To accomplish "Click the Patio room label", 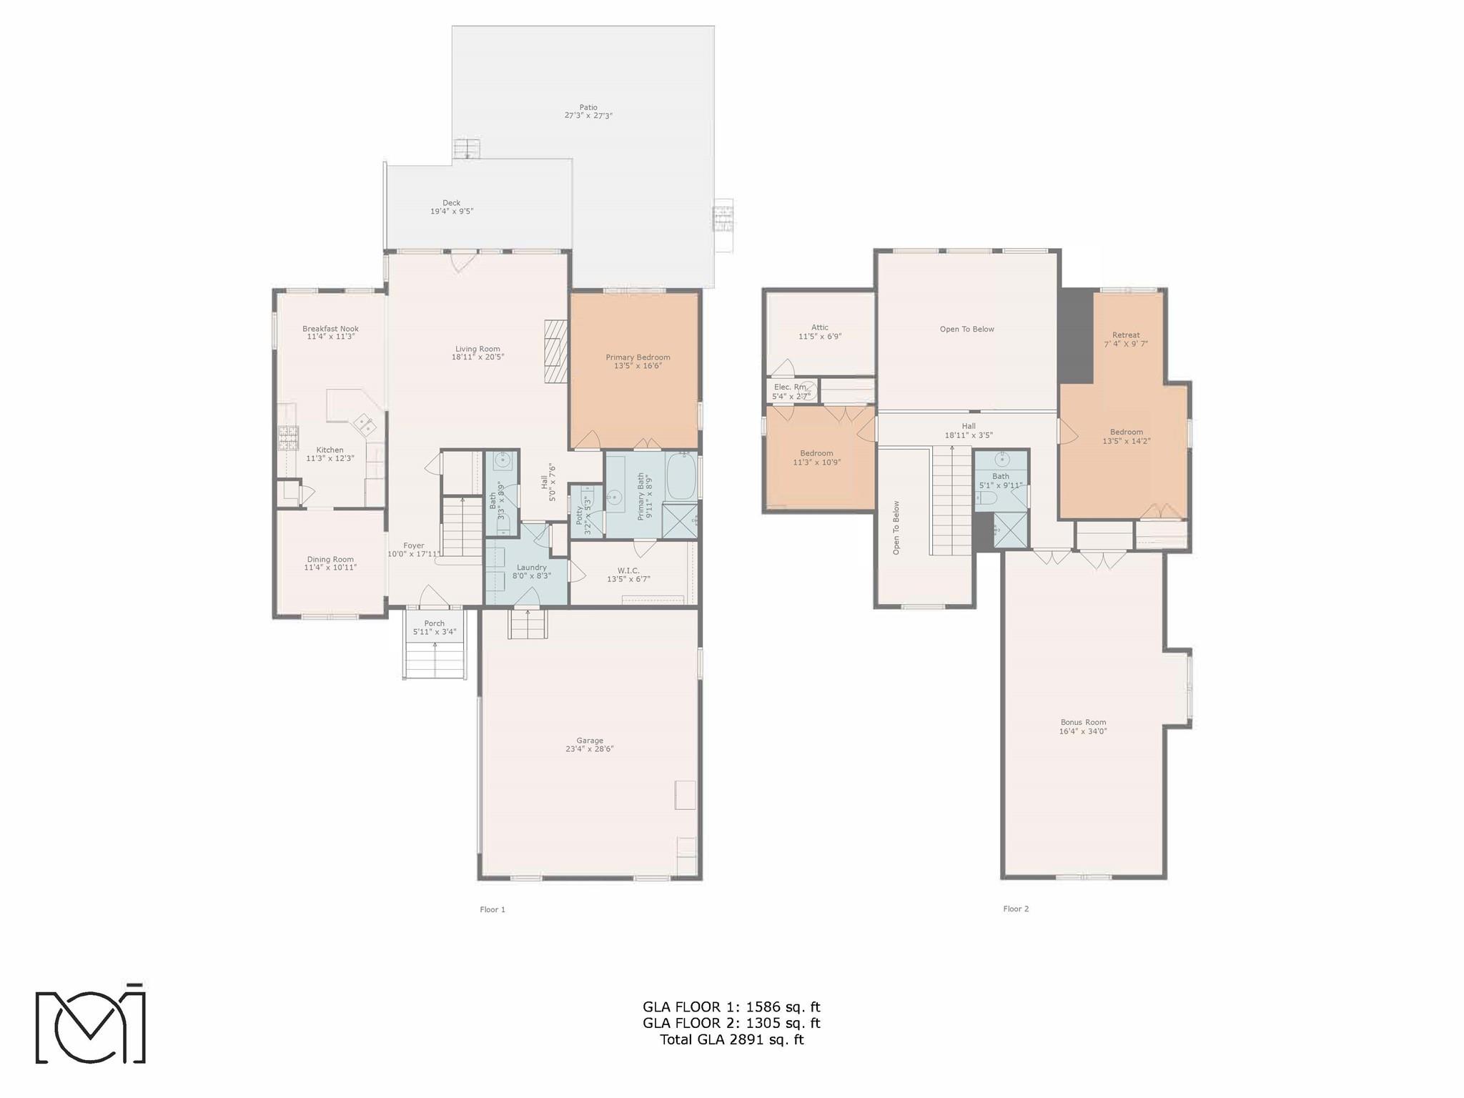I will (588, 108).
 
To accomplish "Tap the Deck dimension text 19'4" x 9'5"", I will (452, 212).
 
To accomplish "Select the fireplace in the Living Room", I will (555, 351).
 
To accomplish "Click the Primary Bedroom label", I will (638, 357).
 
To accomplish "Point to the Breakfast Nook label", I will (330, 329).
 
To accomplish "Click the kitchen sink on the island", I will (365, 425).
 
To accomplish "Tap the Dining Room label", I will (330, 560).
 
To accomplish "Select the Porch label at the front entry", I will (434, 623).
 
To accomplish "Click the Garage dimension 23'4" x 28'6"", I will (590, 749).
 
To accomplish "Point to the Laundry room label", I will (531, 568).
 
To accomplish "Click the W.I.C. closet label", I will (628, 570).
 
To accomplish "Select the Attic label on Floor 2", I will (820, 327).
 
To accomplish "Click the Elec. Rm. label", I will (791, 387).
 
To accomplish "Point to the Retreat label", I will (1126, 335).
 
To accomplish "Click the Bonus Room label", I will (1083, 723).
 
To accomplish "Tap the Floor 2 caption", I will (1016, 909).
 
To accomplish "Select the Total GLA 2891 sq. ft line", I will (731, 1039).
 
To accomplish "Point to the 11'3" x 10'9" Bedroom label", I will (816, 453).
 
